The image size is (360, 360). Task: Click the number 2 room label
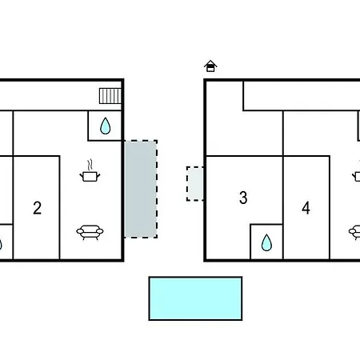(38, 208)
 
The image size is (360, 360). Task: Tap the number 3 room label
(243, 198)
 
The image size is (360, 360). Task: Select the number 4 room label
(306, 208)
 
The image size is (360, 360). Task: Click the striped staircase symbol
(110, 96)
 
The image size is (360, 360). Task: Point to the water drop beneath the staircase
(105, 126)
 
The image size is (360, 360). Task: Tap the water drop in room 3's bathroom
(266, 242)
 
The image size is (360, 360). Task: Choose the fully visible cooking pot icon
(90, 171)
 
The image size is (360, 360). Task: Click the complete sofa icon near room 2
(90, 233)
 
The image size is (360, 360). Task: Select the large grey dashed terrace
(141, 189)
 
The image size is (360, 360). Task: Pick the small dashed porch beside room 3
(195, 184)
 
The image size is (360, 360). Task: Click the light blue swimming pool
(195, 298)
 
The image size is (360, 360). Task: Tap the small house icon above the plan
(210, 66)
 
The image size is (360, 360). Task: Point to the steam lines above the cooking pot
(90, 165)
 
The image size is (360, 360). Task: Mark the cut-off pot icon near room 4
(357, 176)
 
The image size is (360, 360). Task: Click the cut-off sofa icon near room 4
(354, 233)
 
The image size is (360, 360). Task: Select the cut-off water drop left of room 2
(1, 244)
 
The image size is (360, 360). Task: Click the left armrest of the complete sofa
(80, 231)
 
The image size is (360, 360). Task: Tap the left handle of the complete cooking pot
(82, 175)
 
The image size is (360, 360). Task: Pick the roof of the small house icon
(210, 63)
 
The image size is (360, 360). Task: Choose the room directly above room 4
(321, 133)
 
